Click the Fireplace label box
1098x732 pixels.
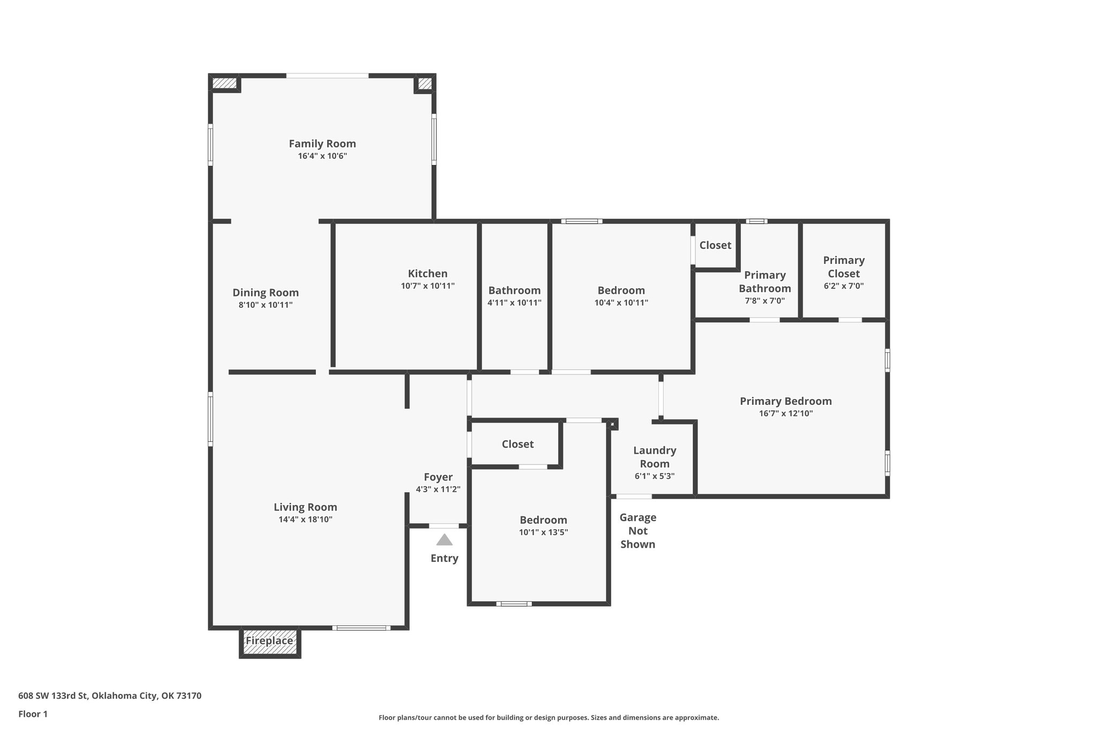click(x=270, y=641)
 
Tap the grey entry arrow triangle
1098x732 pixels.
click(x=444, y=540)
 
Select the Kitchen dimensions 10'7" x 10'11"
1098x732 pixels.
click(x=427, y=286)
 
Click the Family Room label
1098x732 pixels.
click(x=322, y=144)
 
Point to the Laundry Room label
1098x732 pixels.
click(x=655, y=457)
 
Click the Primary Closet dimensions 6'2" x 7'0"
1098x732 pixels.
click(x=843, y=286)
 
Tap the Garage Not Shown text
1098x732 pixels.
click(x=637, y=531)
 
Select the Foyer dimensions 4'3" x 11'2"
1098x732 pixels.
click(x=438, y=490)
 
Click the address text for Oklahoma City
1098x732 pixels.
click(x=110, y=696)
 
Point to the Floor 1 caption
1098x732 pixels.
click(x=33, y=714)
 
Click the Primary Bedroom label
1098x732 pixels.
click(x=785, y=401)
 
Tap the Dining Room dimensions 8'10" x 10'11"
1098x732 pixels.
click(x=265, y=305)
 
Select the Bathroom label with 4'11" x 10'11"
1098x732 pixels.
click(x=514, y=291)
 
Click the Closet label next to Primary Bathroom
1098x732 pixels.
click(x=715, y=245)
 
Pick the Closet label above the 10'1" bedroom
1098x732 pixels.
click(x=517, y=444)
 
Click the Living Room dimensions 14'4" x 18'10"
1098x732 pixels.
click(x=305, y=520)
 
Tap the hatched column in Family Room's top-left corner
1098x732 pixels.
click(x=224, y=83)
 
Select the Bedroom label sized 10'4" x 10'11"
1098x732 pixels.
click(x=621, y=291)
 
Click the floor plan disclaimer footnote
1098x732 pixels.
click(x=548, y=718)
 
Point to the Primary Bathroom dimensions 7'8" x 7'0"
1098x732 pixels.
click(x=765, y=301)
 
